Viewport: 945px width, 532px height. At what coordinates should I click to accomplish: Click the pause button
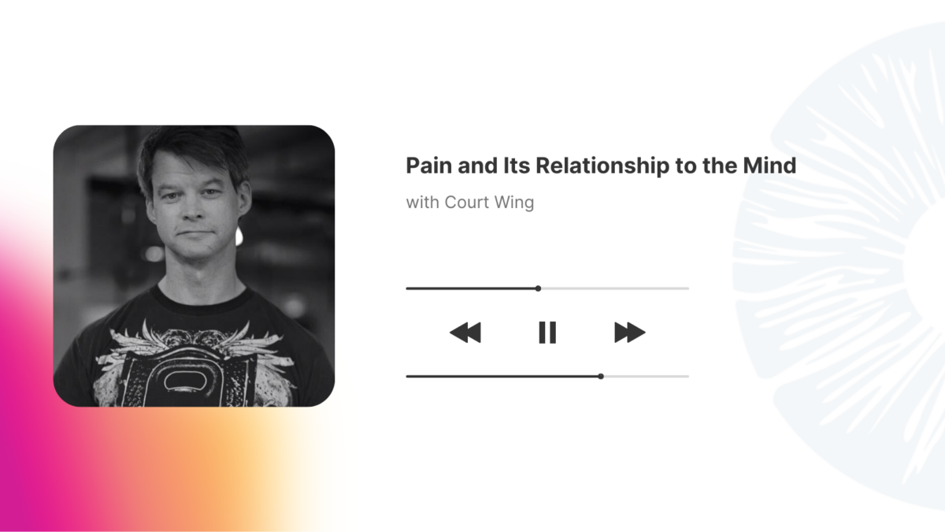tap(547, 333)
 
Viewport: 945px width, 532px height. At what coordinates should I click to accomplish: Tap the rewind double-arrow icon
tap(465, 333)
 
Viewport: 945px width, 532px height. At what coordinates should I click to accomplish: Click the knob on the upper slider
tap(538, 288)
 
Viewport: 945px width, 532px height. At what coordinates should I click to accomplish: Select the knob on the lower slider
tap(601, 376)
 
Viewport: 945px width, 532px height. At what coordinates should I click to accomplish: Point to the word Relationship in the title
tap(602, 166)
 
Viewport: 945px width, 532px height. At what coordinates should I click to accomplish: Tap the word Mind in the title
tap(769, 165)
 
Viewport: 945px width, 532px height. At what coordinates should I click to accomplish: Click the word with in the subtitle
tap(422, 203)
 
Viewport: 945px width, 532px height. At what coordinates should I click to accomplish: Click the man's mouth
tap(196, 233)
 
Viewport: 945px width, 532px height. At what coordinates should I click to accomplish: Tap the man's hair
tap(192, 152)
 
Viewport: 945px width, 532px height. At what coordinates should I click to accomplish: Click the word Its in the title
tap(517, 165)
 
